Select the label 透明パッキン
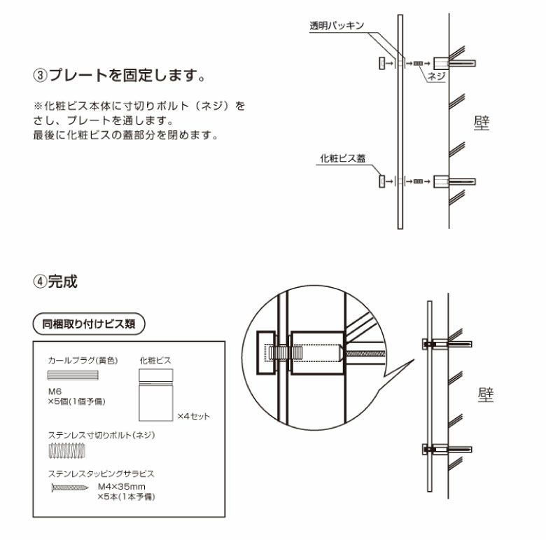pos(337,26)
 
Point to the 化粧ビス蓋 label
pos(342,158)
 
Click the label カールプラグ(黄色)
pos(82,360)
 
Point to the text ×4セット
pos(193,416)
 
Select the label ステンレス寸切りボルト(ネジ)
pos(101,435)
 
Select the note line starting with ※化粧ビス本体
pos(140,106)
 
